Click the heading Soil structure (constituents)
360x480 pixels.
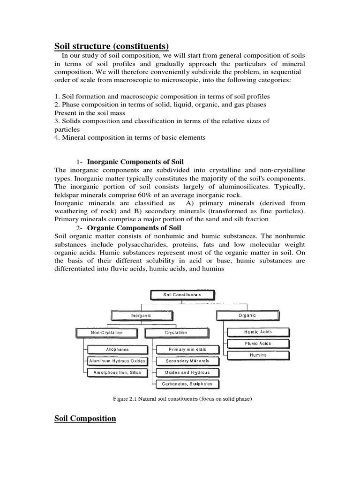pos(112,46)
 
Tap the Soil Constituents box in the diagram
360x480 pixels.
pos(182,295)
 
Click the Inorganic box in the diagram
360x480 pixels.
pos(141,316)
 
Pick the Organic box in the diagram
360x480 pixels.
pos(247,315)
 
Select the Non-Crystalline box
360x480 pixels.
pos(106,332)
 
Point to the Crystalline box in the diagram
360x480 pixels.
pos(176,332)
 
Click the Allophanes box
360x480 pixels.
pos(117,349)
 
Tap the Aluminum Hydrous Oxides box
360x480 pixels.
pos(117,361)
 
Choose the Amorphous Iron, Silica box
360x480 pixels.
pos(117,372)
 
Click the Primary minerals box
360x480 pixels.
pos(187,350)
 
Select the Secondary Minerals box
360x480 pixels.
pos(187,361)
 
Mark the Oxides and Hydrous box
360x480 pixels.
pos(187,372)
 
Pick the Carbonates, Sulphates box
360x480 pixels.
pos(187,384)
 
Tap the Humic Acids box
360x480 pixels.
pos(258,332)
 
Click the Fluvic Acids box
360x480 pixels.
pos(258,344)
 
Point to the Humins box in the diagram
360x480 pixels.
pos(258,355)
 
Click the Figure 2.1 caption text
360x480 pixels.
pos(183,399)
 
